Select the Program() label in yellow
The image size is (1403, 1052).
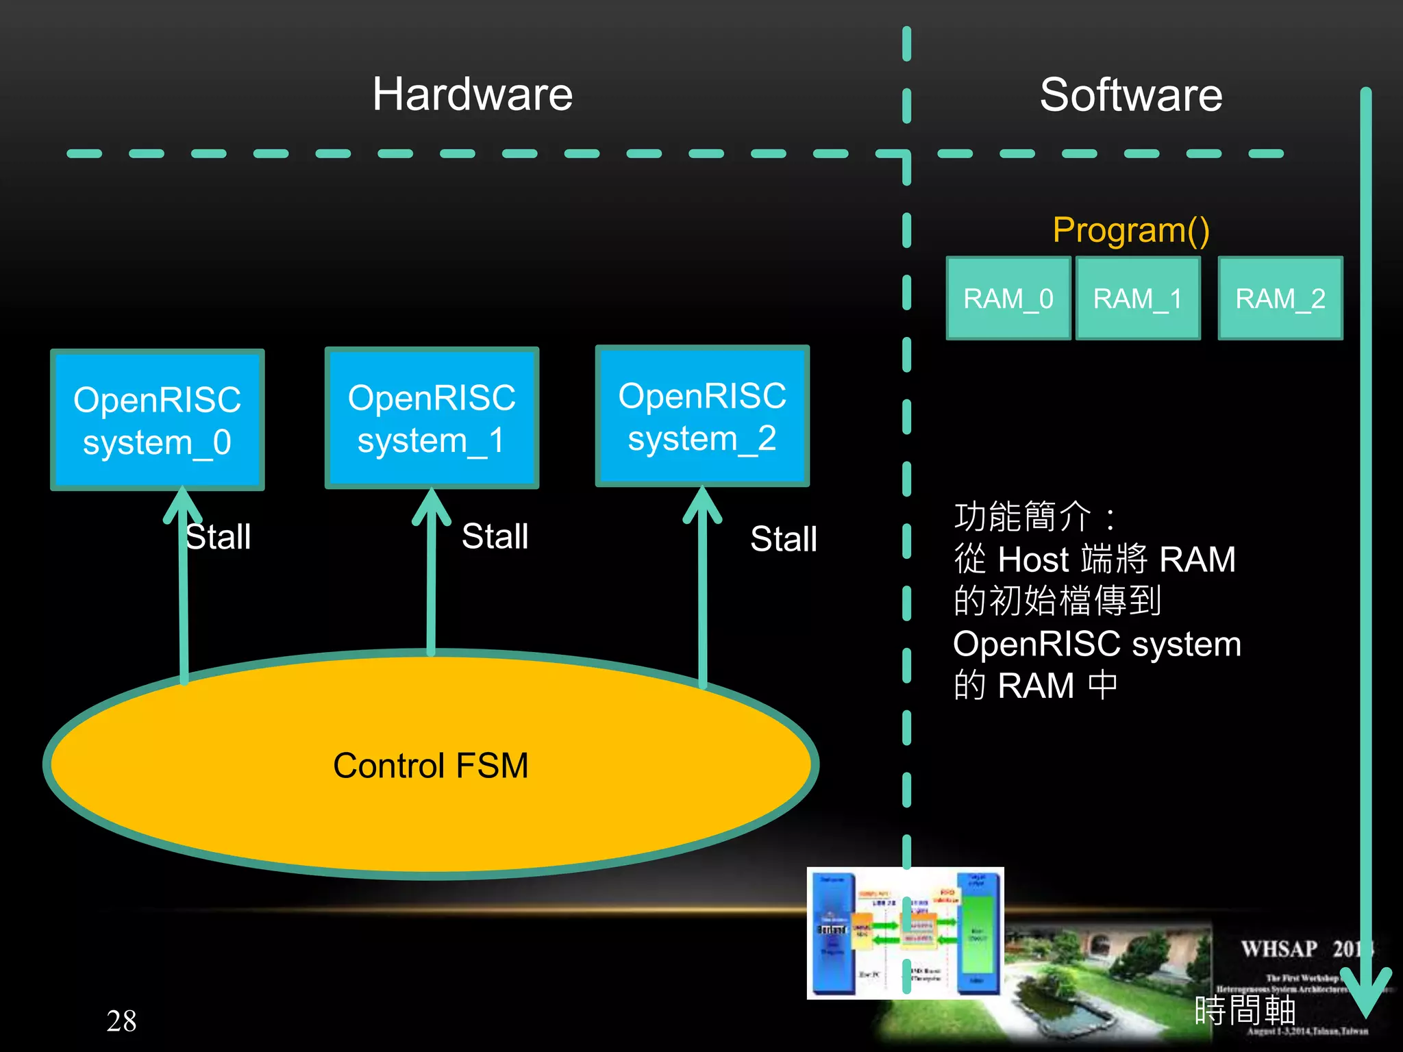click(x=1130, y=229)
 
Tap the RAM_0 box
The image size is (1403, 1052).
click(x=1008, y=298)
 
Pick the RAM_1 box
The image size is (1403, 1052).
click(x=1137, y=298)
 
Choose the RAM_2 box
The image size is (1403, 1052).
click(x=1280, y=298)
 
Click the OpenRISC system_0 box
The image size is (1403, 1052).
click(x=157, y=420)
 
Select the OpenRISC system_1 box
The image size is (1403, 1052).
click(x=432, y=418)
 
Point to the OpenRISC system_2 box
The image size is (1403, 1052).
click(x=702, y=416)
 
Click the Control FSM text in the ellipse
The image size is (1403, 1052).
click(x=431, y=765)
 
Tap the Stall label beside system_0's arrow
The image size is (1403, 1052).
click(x=219, y=536)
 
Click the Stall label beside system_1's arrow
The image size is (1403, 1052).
click(x=495, y=536)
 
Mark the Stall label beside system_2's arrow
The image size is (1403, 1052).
click(x=784, y=538)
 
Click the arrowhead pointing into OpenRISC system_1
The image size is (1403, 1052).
click(x=431, y=505)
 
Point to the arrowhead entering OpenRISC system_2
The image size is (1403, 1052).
click(x=702, y=503)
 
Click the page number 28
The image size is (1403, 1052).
click(x=121, y=1020)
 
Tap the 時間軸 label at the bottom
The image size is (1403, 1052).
click(x=1244, y=1010)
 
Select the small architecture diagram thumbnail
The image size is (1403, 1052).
click(x=905, y=933)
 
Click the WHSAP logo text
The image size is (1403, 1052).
click(x=1279, y=949)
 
